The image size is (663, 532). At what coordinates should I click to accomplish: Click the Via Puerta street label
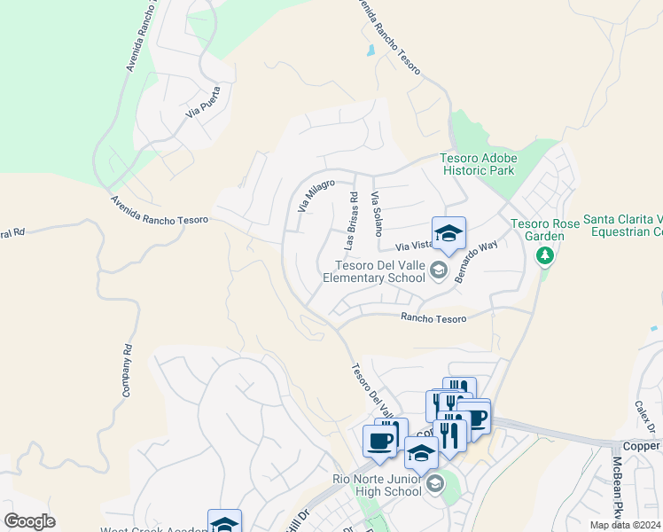203,101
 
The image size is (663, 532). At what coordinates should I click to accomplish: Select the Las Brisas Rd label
348,220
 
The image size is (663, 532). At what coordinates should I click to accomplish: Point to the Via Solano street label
377,213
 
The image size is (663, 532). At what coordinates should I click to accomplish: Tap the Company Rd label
127,370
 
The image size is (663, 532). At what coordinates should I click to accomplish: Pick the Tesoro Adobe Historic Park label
478,165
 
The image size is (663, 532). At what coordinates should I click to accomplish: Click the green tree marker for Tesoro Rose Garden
545,256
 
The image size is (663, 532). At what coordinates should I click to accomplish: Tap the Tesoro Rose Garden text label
544,229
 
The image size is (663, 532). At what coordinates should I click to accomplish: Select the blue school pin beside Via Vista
448,234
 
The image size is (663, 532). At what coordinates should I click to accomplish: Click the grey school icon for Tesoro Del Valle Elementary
437,270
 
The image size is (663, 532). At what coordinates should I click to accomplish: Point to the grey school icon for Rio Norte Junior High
434,484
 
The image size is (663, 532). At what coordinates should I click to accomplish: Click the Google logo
29,521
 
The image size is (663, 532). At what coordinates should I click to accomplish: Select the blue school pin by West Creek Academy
224,522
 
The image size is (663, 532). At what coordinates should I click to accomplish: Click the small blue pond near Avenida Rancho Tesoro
370,51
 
